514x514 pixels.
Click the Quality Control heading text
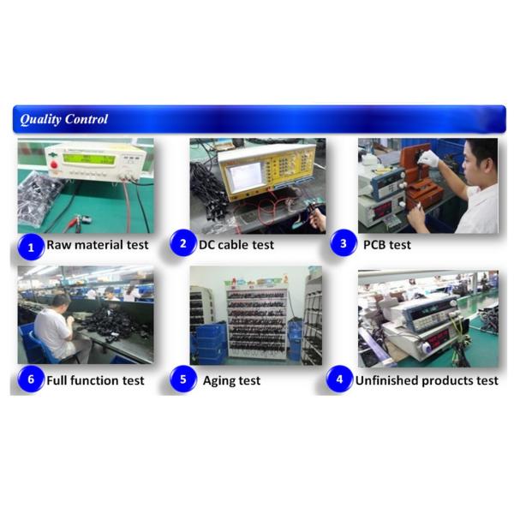[x=64, y=119]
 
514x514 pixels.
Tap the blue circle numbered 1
[x=31, y=248]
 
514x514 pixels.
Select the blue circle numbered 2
[x=182, y=244]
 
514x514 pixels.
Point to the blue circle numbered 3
[x=344, y=244]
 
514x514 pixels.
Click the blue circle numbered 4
[x=339, y=380]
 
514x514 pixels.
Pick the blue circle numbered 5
[x=182, y=380]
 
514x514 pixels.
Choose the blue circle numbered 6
[x=31, y=380]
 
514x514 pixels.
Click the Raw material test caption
[x=98, y=245]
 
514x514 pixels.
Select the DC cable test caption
[x=236, y=245]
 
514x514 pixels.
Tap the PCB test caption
[x=387, y=245]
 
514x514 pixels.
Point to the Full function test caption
[x=95, y=380]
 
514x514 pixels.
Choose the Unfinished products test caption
[x=426, y=380]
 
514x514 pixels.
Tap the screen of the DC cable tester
[x=246, y=176]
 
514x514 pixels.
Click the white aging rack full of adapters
[x=256, y=321]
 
